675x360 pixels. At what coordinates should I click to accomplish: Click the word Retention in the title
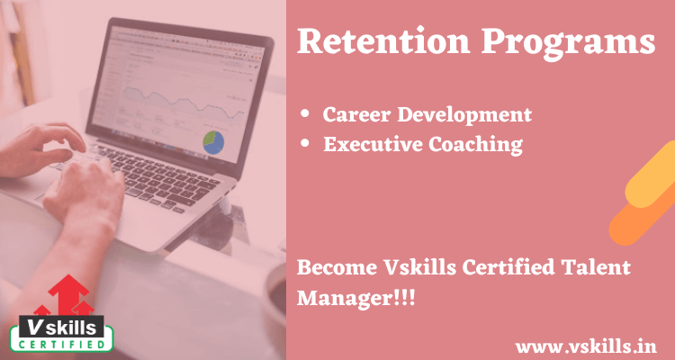click(383, 40)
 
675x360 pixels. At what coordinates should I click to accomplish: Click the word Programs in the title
click(569, 44)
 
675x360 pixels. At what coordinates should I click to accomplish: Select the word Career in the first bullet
click(356, 114)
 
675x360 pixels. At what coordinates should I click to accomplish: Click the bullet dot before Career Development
click(305, 114)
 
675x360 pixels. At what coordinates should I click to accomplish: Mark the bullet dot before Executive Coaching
click(305, 144)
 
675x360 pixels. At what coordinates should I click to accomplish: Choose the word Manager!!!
click(356, 299)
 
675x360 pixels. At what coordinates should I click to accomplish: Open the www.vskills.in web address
click(586, 346)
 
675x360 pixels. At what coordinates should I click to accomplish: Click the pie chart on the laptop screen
click(213, 142)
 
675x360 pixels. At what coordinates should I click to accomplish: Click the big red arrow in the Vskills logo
click(68, 294)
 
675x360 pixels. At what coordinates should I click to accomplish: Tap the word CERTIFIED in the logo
click(61, 345)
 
